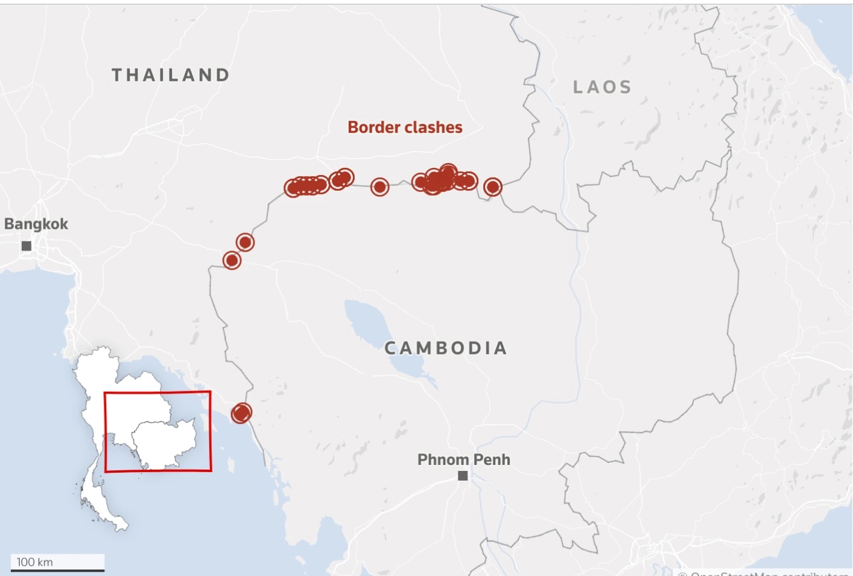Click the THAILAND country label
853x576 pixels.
coord(171,75)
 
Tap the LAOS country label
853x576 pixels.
coord(602,88)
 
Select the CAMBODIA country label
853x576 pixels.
coord(446,348)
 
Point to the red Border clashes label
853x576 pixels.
coord(405,127)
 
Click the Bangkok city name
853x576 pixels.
coord(36,224)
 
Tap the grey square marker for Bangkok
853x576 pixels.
coord(27,246)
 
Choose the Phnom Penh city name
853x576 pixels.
coord(463,459)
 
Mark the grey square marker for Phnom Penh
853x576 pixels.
coord(463,476)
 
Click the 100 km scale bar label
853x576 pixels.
coord(35,562)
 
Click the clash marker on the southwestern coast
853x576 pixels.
coord(241,413)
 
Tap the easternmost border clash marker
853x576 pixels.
coord(493,187)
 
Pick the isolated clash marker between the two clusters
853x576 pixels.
coord(379,187)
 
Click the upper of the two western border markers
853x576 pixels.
coord(245,242)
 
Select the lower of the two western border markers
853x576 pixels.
coord(232,260)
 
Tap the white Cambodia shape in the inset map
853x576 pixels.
coord(164,441)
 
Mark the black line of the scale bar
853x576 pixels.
coord(57,570)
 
